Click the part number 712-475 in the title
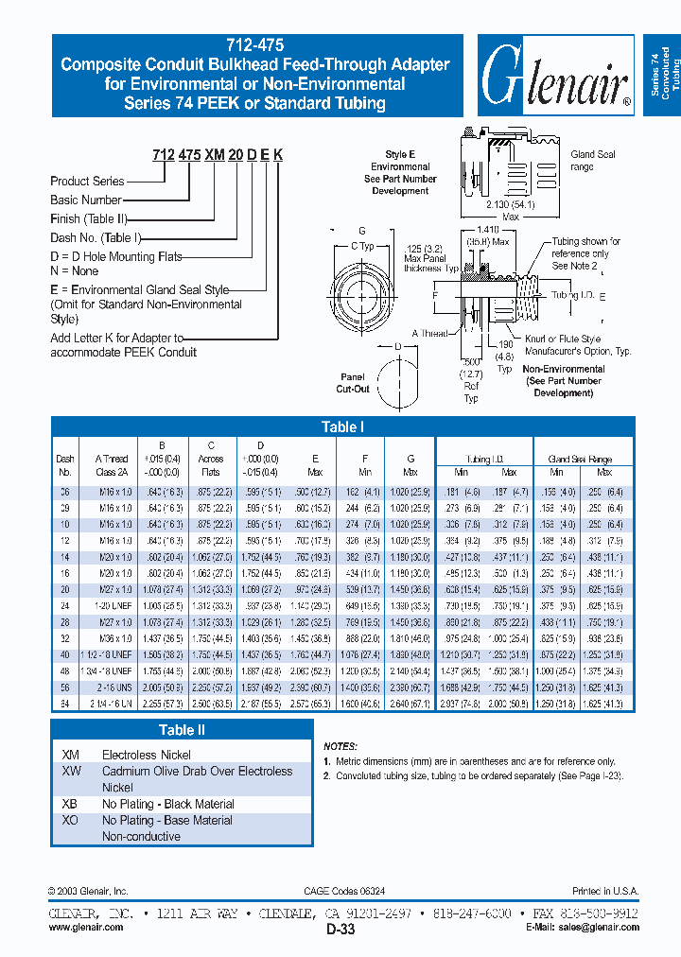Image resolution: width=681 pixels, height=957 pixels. tap(255, 44)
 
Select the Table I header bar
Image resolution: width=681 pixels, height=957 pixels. tap(342, 426)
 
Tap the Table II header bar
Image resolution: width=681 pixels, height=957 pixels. tap(181, 729)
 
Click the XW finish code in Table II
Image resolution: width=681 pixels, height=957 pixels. tap(71, 772)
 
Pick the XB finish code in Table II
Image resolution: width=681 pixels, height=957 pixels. tap(70, 804)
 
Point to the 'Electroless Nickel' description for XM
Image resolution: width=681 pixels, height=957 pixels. tap(146, 755)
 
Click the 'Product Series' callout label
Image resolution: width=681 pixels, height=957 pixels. tap(87, 181)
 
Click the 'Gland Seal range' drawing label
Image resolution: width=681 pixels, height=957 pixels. tap(593, 161)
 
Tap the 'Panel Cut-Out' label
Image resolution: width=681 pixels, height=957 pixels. tap(353, 384)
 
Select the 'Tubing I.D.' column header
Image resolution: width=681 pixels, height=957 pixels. tap(484, 460)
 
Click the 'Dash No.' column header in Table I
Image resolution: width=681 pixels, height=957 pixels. tap(65, 465)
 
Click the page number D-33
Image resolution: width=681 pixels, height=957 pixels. tap(340, 931)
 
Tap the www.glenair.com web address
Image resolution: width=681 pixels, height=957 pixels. tap(86, 928)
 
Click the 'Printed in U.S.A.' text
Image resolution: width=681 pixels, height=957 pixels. tap(605, 892)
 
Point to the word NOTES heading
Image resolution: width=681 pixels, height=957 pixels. tap(340, 746)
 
